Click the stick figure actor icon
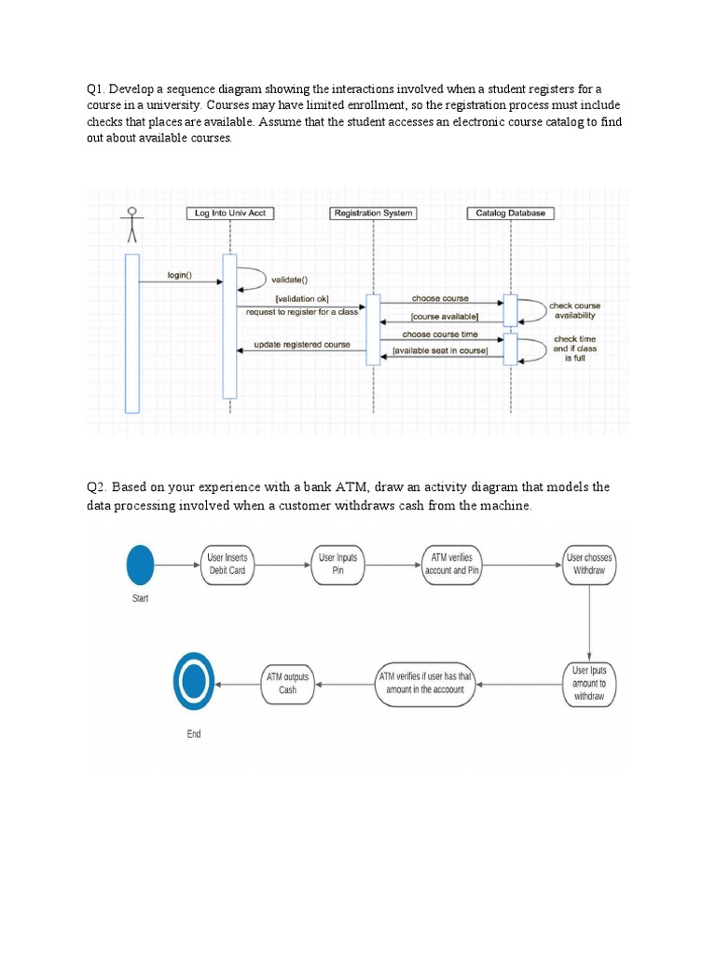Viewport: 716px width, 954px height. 131,224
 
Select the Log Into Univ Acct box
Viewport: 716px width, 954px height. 230,213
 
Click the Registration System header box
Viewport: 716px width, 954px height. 373,213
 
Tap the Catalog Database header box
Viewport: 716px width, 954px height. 510,213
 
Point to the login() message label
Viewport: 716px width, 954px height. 179,275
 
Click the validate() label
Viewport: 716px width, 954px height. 288,279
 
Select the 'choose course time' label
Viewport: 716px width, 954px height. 440,334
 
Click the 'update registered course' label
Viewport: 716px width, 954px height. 302,345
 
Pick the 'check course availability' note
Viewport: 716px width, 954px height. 574,310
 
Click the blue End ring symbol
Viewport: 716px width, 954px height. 194,680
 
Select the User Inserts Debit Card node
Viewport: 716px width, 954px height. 227,564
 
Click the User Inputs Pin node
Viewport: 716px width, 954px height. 337,564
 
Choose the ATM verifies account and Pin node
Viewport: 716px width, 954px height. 452,564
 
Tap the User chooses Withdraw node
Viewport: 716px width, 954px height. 589,564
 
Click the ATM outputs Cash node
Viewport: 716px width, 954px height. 287,683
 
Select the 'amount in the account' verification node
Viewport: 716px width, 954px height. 426,683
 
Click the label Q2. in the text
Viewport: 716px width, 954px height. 97,487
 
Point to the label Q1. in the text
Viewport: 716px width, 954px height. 97,89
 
